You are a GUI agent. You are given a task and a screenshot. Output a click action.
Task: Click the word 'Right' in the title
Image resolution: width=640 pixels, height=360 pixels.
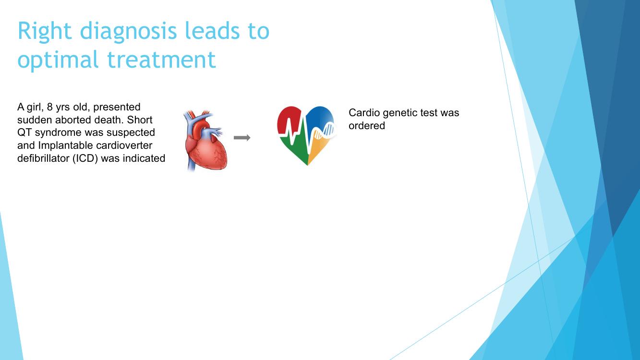coord(45,31)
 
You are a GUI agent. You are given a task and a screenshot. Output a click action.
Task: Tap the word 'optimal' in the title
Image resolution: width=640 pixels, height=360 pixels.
coord(58,60)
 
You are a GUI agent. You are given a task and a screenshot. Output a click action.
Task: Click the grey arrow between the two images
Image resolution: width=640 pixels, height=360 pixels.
coord(242,138)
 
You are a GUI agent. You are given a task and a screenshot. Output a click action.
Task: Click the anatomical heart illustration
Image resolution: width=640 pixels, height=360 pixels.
coord(205,141)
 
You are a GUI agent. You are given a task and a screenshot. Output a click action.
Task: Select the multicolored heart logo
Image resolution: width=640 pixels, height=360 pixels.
coord(307,136)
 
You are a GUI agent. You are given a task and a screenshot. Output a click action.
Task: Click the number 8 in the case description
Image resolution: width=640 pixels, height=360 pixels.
coord(50,107)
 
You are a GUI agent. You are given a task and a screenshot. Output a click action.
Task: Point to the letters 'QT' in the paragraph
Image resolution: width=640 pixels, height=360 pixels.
coord(24,133)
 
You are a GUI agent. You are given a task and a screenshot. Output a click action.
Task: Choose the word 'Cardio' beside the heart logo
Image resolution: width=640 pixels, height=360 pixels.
coord(364,113)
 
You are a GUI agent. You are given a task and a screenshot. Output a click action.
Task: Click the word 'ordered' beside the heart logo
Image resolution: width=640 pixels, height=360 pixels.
coord(367,126)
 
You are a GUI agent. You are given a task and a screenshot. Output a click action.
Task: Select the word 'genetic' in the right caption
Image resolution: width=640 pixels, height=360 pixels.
coord(399,113)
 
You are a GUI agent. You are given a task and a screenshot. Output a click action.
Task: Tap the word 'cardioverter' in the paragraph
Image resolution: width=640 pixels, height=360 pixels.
coord(124,145)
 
